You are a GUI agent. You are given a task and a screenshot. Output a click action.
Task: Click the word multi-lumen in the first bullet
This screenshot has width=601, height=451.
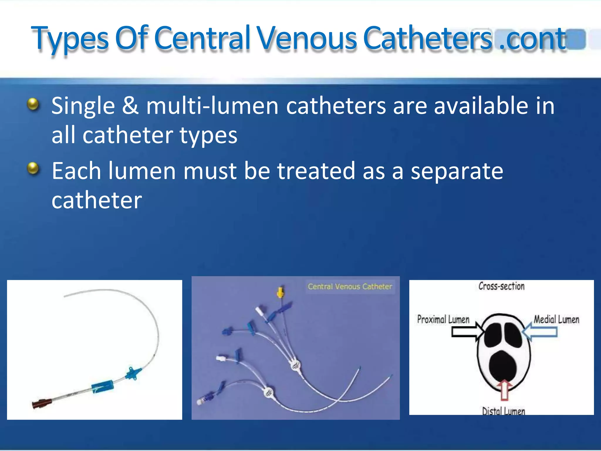[212, 106]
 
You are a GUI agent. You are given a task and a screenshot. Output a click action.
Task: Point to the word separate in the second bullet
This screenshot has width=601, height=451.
[457, 171]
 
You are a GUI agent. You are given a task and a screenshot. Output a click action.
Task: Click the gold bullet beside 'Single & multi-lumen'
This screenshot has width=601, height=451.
[33, 104]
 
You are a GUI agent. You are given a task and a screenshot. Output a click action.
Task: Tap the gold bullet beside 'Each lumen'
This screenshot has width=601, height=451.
[33, 169]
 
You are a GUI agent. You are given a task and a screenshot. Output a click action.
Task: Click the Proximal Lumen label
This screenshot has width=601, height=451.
[443, 319]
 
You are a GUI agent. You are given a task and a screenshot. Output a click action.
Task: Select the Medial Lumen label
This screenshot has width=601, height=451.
[556, 319]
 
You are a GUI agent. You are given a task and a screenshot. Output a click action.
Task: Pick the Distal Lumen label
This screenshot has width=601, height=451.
[504, 411]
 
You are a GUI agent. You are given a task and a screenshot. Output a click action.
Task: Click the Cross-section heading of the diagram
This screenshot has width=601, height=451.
[501, 286]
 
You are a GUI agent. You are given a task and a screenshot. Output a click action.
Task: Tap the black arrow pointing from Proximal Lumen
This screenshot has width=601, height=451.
[468, 332]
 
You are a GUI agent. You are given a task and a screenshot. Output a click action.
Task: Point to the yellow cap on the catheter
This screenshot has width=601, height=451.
[281, 292]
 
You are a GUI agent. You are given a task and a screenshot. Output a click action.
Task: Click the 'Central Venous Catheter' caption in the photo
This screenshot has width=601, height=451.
[350, 286]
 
